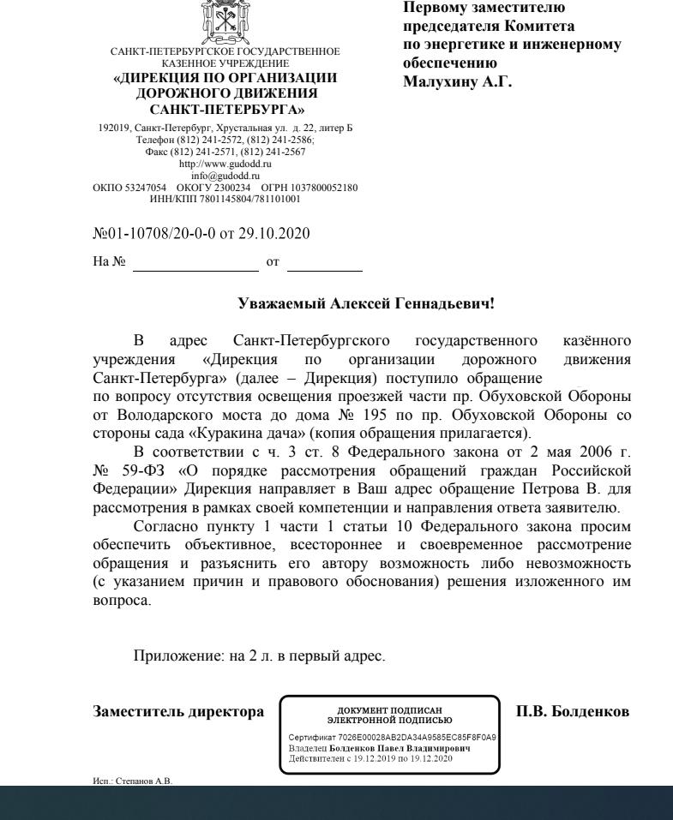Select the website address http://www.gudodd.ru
coord(225,163)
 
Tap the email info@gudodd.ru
coord(225,174)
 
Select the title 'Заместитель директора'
coord(178,712)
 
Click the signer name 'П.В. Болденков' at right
coord(573,712)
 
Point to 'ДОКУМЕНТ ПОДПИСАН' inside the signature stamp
coord(390,710)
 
